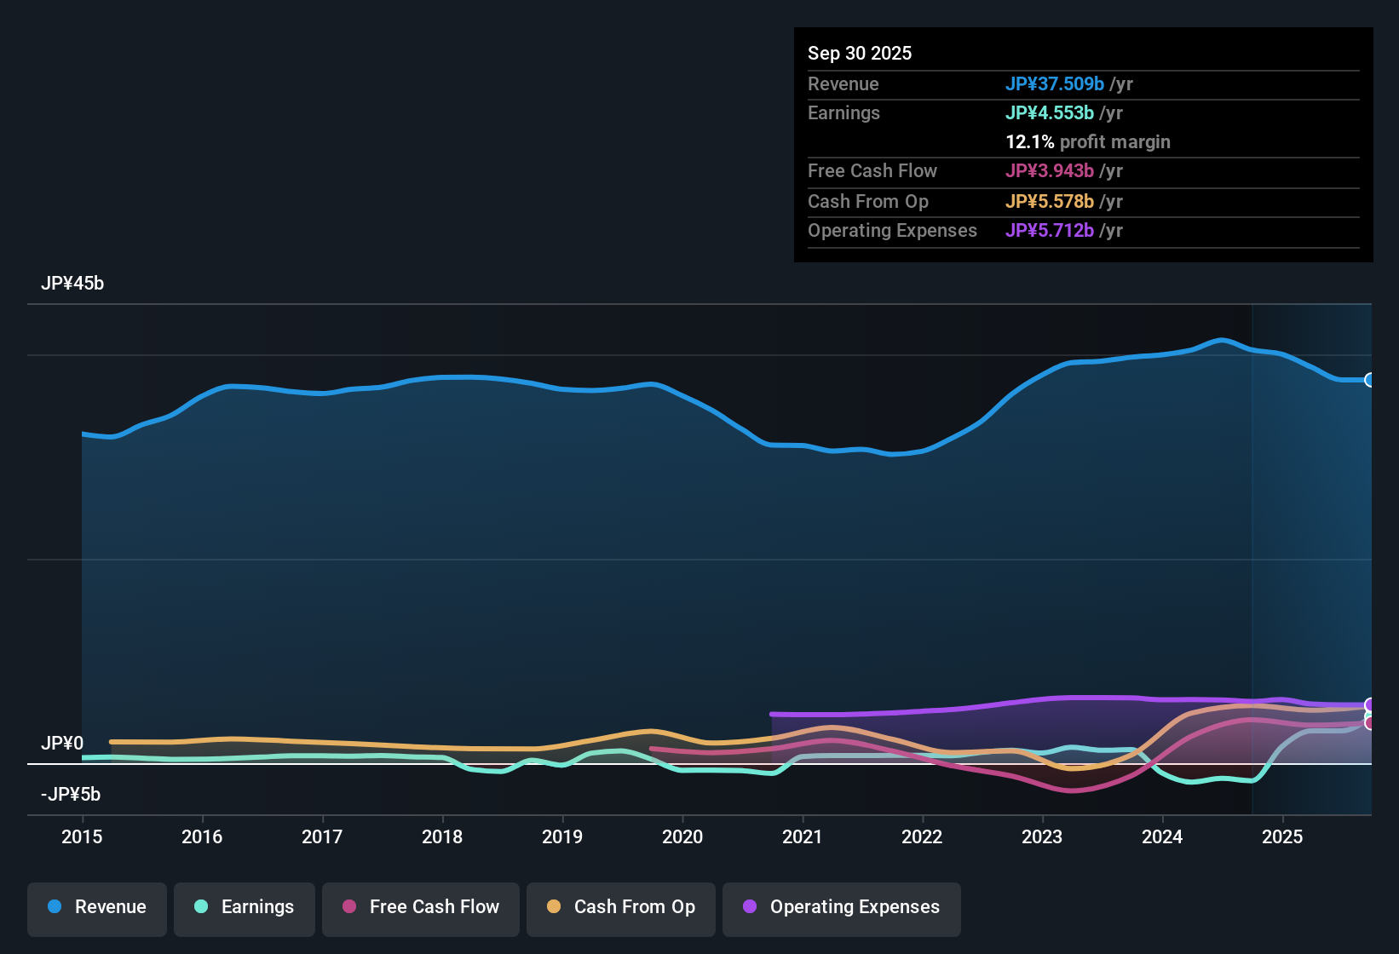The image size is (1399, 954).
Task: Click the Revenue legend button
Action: point(97,907)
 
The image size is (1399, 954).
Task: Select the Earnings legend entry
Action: point(245,907)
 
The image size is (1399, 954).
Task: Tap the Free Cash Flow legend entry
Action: point(421,907)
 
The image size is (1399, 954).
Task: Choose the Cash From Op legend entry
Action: point(621,907)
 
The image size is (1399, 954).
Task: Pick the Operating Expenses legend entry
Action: point(842,907)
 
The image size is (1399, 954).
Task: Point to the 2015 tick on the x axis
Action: point(82,836)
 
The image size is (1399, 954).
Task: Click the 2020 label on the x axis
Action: point(682,836)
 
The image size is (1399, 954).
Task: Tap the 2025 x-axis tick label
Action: point(1282,836)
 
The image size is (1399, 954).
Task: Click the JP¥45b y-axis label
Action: point(72,284)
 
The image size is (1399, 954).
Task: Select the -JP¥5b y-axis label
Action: point(71,795)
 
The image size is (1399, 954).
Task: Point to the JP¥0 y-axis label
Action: point(62,744)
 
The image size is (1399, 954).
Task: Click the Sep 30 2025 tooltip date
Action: point(860,54)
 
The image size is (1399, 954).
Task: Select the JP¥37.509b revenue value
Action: point(1055,84)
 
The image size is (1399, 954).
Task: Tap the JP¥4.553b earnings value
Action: point(1050,113)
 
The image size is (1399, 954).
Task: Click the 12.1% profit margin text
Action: point(1088,142)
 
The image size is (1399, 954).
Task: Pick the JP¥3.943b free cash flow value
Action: point(1050,171)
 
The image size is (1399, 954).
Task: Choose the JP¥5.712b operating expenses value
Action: point(1050,231)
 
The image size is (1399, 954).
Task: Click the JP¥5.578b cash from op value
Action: point(1050,202)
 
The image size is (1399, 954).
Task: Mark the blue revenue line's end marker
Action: point(1369,380)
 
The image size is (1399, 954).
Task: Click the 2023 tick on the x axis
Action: point(1042,836)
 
